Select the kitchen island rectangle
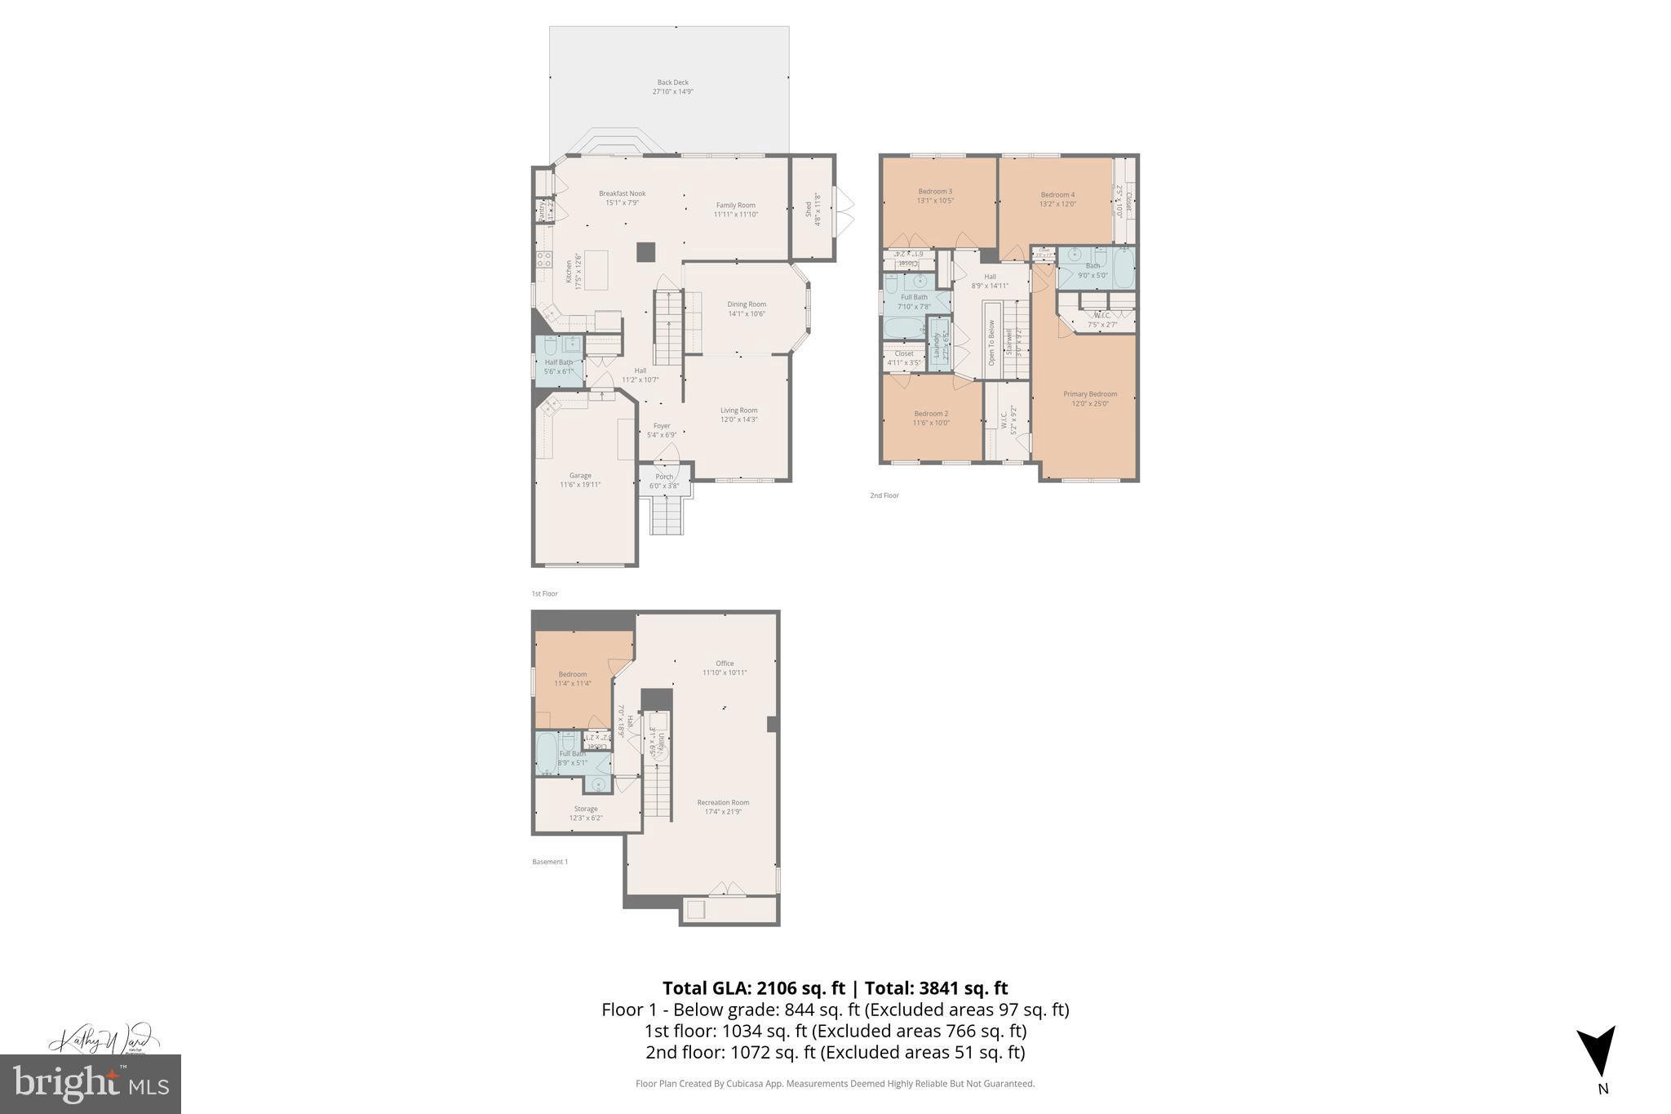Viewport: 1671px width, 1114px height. (x=596, y=270)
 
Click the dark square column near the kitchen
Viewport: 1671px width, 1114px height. (x=645, y=252)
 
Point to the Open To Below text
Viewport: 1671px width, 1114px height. (x=992, y=341)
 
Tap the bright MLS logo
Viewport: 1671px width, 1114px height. (x=91, y=1084)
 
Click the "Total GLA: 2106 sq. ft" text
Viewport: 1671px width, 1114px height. (x=753, y=988)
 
